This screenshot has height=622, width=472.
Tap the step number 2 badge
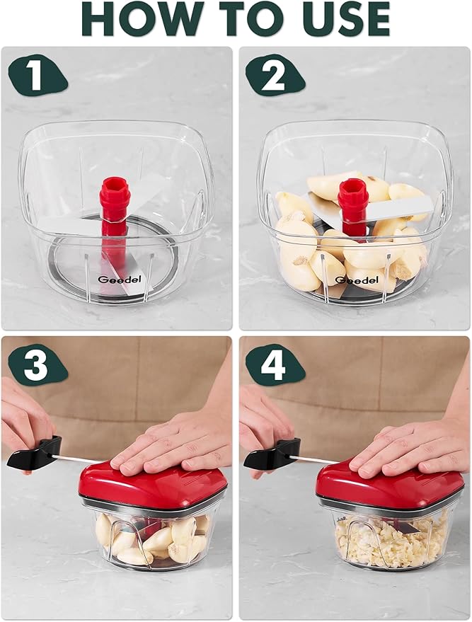tap(273, 75)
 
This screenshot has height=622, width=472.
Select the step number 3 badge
tap(35, 367)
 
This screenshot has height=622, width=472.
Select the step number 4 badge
tap(274, 367)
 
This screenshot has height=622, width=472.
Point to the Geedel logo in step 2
tap(352, 280)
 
